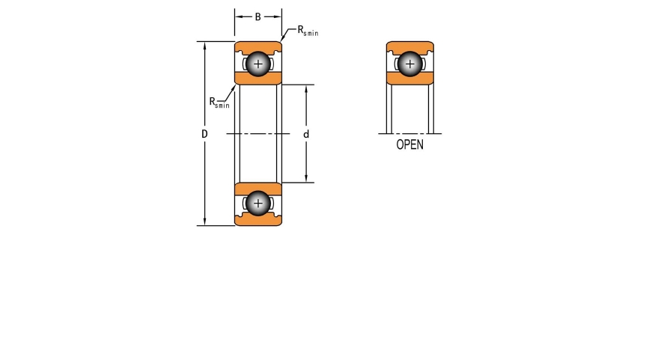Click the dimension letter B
[258, 17]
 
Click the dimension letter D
[204, 134]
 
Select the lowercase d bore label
[306, 134]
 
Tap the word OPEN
[410, 144]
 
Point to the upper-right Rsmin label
[308, 31]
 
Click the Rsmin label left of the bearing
[219, 103]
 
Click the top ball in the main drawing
[258, 64]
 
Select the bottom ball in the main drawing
[258, 203]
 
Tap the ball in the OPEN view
[410, 64]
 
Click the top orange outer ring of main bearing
[258, 46]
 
